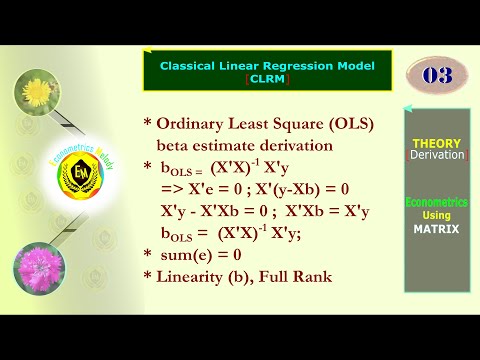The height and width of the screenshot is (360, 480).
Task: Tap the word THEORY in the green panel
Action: click(436, 143)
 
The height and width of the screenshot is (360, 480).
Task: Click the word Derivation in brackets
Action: click(436, 155)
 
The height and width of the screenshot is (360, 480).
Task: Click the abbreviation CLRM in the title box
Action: click(267, 79)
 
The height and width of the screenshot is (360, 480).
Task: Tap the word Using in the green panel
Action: click(436, 216)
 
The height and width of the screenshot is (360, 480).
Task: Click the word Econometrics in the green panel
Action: click(436, 203)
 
